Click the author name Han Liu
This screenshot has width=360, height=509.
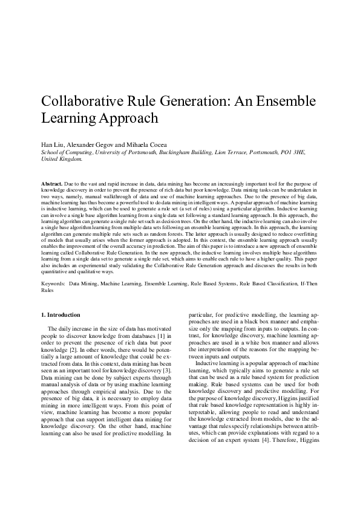tap(51, 146)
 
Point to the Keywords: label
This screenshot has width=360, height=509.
tap(53, 282)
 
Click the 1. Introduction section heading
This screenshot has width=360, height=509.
tap(60, 315)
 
